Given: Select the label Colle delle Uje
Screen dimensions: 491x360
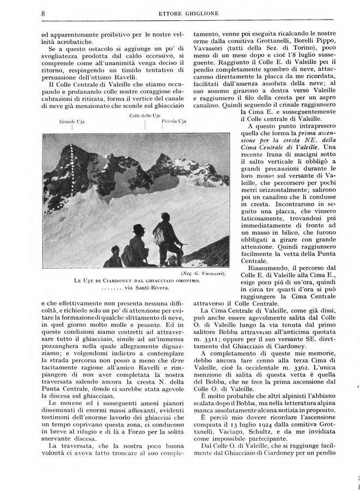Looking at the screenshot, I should (x=145, y=117).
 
